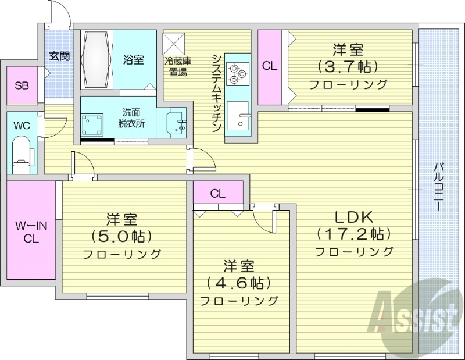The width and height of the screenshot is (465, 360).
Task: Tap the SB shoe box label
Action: coord(22,86)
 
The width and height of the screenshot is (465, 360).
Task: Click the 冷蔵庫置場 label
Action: coord(178,66)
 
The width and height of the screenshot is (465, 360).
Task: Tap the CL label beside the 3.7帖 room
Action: coord(269,66)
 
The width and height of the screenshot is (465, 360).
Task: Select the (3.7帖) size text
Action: coord(349,65)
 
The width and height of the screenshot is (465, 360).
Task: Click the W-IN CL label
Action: coord(30,230)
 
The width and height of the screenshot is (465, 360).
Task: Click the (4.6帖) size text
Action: coord(239,283)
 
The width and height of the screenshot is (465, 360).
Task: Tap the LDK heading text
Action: coord(353,216)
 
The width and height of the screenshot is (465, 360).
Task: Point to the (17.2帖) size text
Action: coord(353,234)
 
